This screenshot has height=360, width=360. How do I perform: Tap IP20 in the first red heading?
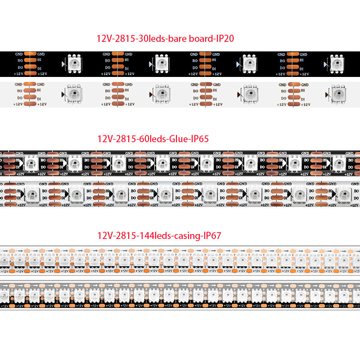click(x=225, y=39)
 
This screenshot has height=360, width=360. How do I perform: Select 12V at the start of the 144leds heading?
click(x=104, y=234)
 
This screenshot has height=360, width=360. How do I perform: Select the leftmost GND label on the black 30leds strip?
click(x=18, y=54)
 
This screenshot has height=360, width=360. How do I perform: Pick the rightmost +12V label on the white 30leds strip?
click(x=306, y=104)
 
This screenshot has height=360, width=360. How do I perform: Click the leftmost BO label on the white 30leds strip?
click(x=19, y=91)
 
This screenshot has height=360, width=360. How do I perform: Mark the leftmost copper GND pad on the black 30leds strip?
click(x=30, y=54)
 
